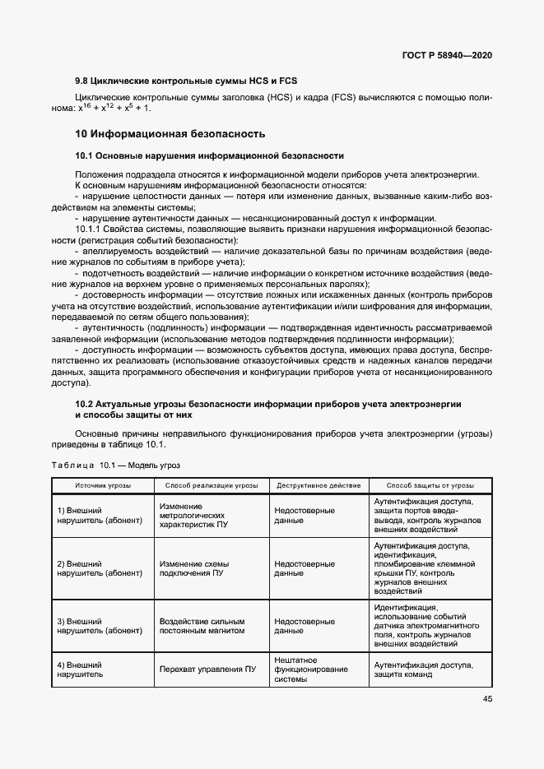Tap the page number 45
pos(486,700)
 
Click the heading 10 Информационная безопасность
pos(170,133)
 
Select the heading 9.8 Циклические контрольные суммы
pos(185,81)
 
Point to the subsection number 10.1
pos(84,155)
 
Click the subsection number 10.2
pos(84,404)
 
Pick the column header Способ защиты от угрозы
pos(429,485)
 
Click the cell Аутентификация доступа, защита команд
pos(422,670)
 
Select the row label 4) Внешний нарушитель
pos(80,670)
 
